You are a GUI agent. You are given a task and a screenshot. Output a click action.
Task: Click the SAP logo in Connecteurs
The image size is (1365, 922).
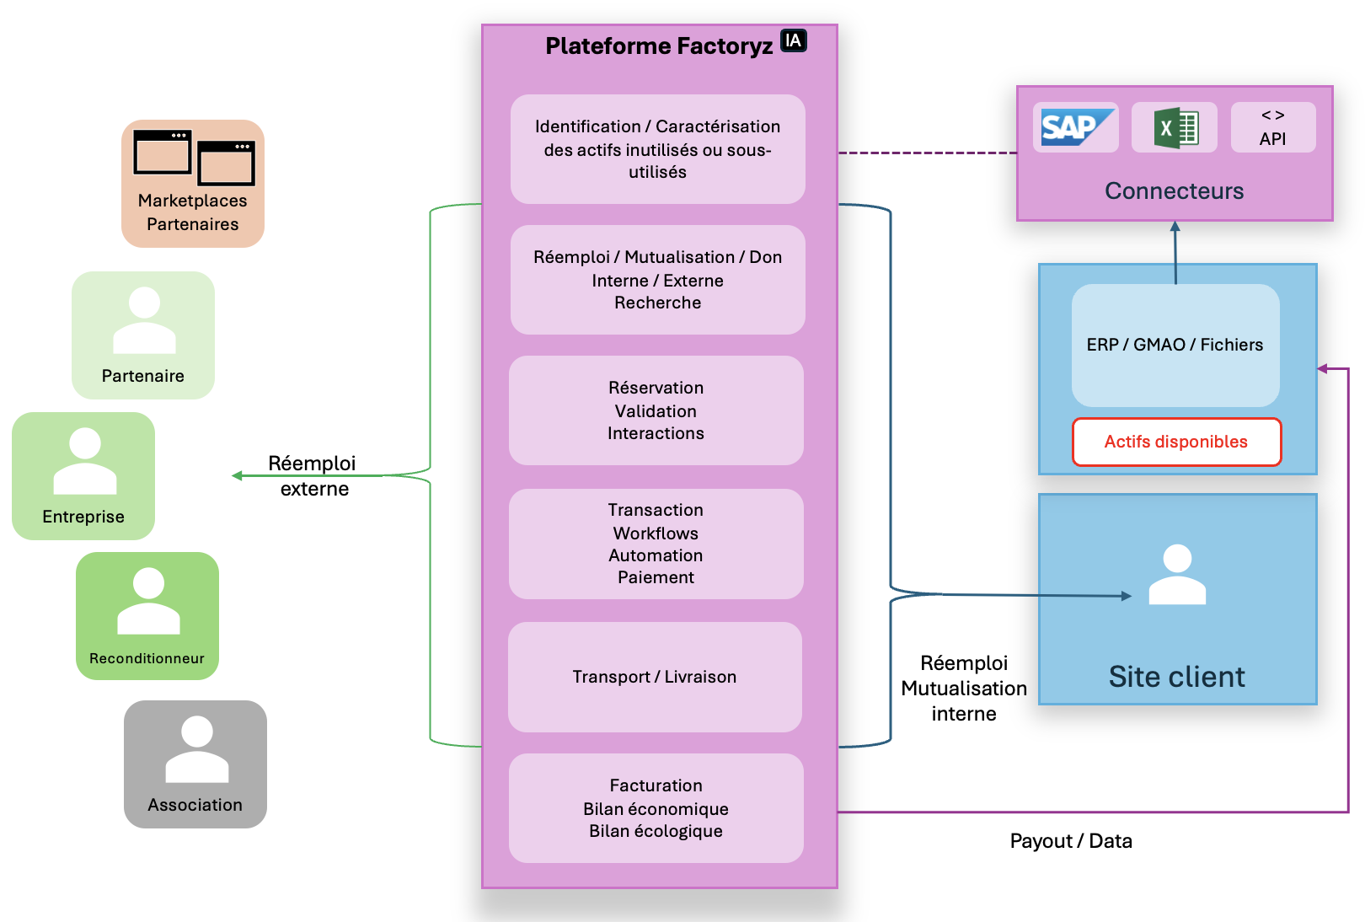point(1076,127)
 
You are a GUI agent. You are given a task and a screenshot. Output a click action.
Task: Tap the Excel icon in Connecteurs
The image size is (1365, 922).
point(1175,128)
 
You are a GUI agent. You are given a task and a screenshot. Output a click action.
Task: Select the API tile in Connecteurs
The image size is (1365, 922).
point(1272,127)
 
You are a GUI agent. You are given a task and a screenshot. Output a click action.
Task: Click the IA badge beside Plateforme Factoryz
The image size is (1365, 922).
point(793,40)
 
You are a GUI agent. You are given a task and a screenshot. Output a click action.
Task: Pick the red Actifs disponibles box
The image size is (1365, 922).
point(1176,442)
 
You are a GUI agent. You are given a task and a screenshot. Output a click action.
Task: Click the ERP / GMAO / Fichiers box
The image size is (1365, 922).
point(1175,345)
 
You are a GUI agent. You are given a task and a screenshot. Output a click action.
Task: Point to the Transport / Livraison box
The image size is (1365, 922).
point(655,677)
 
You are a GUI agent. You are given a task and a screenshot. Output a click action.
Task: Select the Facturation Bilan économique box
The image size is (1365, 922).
point(656,808)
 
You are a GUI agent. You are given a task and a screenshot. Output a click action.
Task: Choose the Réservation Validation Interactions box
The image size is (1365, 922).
point(656,410)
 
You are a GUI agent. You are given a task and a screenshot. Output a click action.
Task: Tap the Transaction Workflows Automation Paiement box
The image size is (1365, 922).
point(656,544)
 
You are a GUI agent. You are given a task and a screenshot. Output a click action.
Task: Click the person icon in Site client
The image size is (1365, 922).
point(1177,575)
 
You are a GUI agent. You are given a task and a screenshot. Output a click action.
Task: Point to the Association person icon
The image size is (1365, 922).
point(196,749)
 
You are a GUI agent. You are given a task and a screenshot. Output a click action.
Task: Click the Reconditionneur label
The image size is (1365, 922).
point(147,658)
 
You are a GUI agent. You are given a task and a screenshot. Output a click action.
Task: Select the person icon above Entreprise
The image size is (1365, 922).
point(84,461)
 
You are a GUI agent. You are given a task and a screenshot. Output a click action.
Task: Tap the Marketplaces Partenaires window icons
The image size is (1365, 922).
point(194,158)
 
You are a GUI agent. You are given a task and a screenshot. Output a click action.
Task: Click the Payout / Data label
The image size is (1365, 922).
point(1071,841)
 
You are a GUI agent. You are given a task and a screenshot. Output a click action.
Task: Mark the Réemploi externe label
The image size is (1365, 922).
point(313,476)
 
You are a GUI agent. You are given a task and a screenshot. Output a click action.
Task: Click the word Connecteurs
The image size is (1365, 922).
point(1174,191)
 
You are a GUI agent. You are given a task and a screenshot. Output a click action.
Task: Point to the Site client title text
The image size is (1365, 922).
point(1176,677)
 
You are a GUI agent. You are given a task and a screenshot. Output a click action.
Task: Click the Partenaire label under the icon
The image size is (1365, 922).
point(142,376)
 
